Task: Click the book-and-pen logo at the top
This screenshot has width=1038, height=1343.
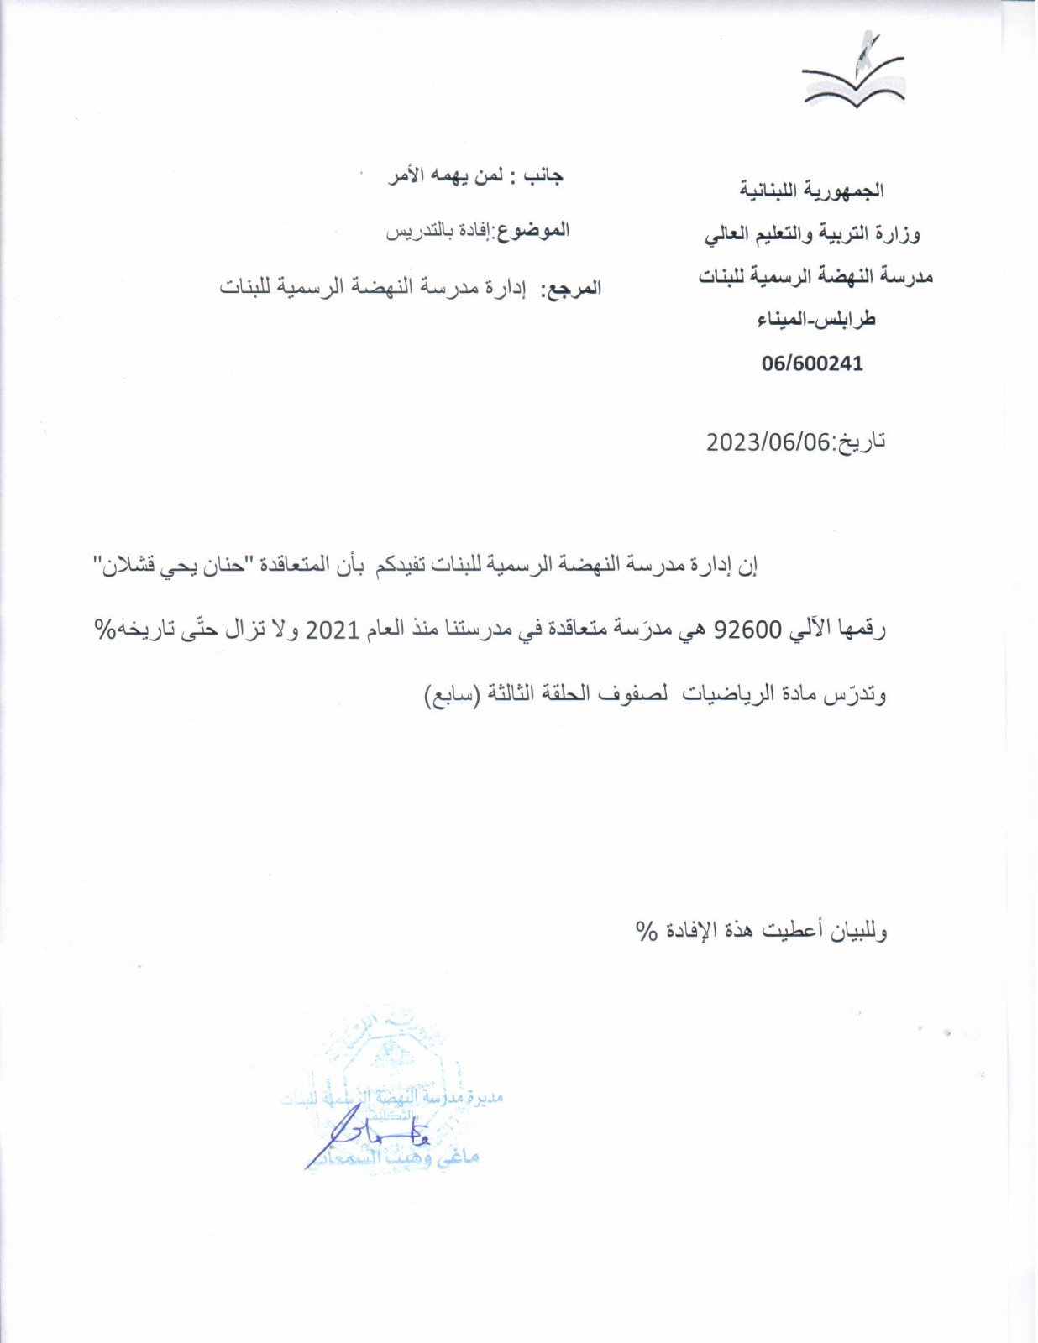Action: click(853, 76)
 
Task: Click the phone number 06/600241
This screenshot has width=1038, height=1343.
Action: click(812, 363)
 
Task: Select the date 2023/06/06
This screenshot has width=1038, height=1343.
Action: click(768, 442)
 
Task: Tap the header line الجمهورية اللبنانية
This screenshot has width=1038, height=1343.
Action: click(811, 191)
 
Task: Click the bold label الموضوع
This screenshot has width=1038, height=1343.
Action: click(534, 230)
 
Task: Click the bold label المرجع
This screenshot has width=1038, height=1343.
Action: click(571, 289)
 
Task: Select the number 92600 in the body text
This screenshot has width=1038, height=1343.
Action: click(747, 629)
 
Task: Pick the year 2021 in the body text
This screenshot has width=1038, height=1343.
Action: click(332, 629)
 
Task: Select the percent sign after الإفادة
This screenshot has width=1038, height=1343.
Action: click(646, 930)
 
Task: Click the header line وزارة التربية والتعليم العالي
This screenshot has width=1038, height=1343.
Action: click(812, 234)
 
